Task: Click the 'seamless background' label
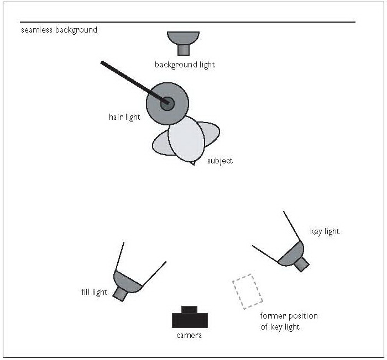coord(59,30)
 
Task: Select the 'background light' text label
coord(185,65)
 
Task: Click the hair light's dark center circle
coord(168,103)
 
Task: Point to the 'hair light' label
coord(124,117)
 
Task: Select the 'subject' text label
coord(220,161)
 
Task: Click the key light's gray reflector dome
coord(291,253)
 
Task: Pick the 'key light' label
coord(325,231)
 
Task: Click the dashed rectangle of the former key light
coord(247,291)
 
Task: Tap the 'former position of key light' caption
coord(289,321)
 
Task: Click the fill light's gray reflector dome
coord(128,281)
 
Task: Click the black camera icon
coord(190,319)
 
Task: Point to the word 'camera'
coord(189,336)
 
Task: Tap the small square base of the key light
coord(301,264)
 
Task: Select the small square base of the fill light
coord(120,294)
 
